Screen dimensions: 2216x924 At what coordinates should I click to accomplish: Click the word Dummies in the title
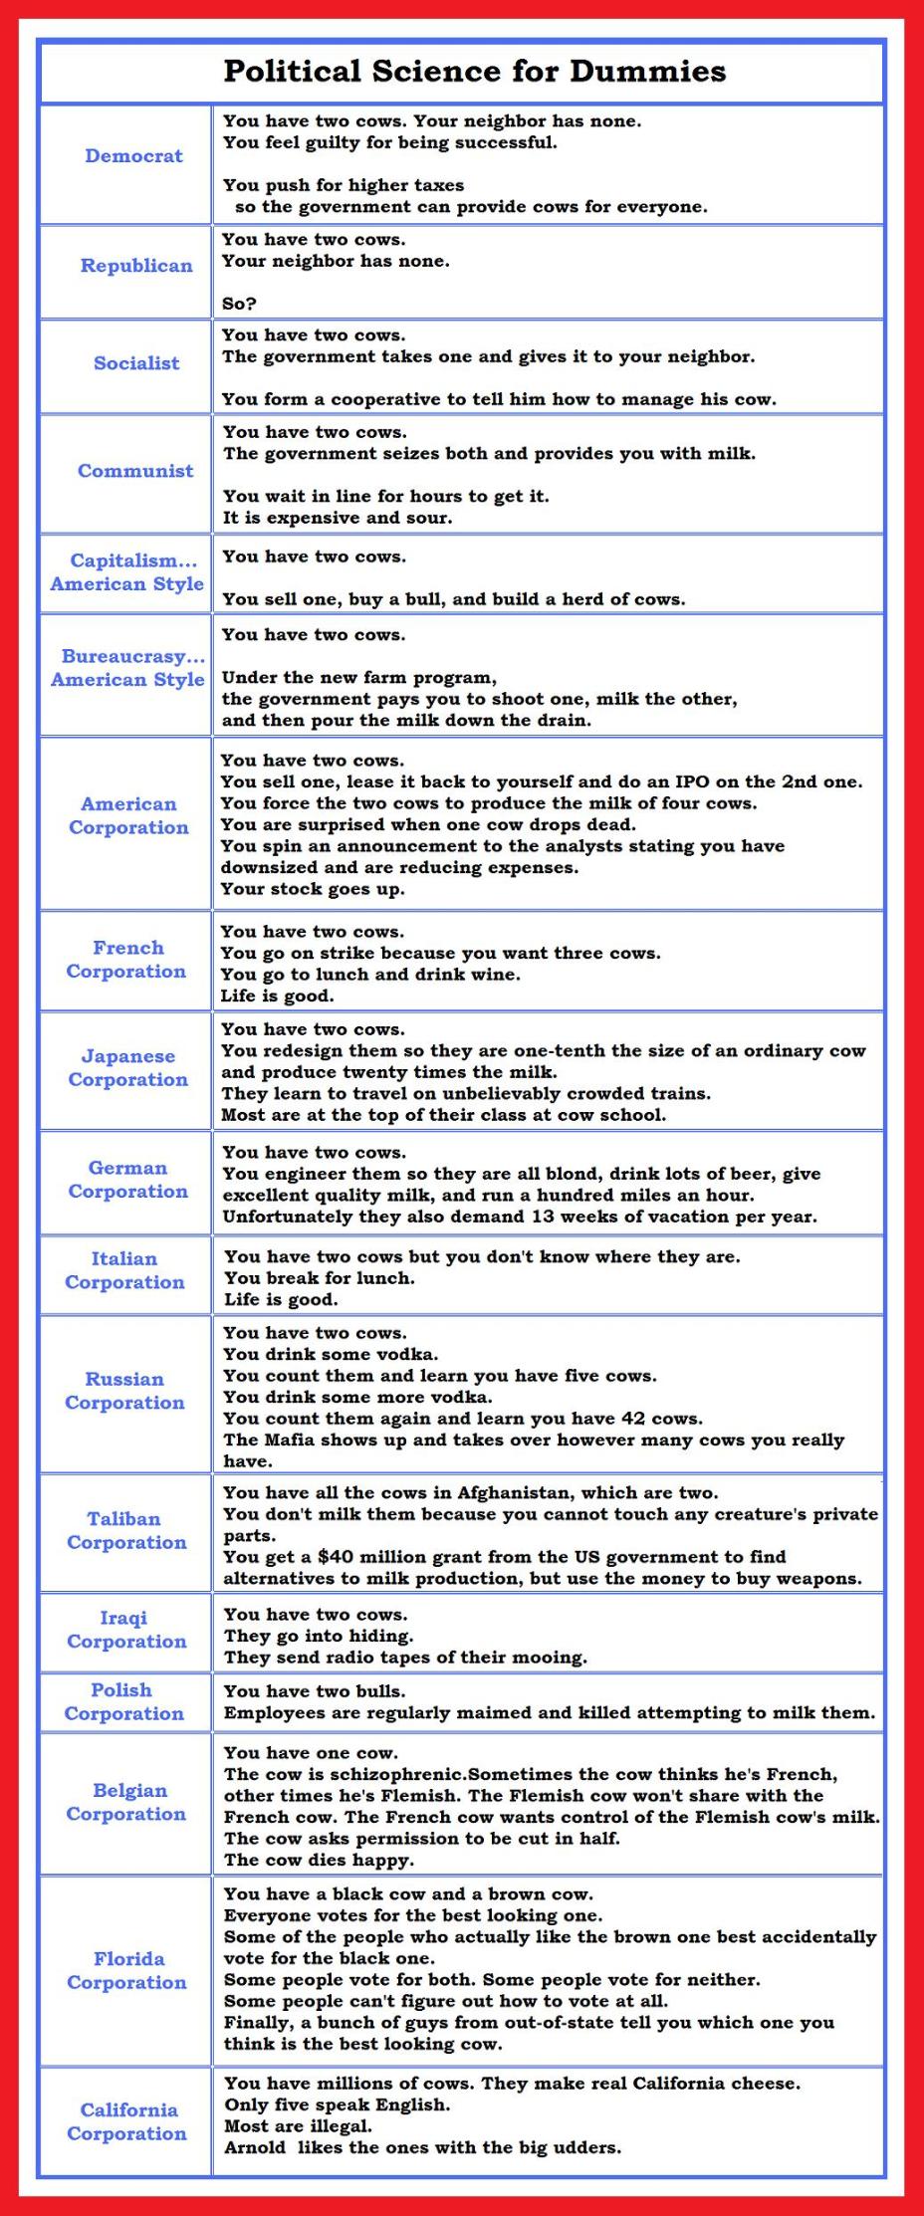tap(647, 72)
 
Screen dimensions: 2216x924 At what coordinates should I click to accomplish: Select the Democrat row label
tap(133, 156)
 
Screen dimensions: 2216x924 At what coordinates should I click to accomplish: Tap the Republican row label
tap(136, 266)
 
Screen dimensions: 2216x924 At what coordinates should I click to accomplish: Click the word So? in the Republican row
tap(239, 304)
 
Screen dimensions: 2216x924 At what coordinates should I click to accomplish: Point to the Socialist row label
tap(136, 363)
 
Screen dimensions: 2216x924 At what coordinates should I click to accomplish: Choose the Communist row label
tap(135, 471)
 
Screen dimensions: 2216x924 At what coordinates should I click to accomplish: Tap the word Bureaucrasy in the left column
tap(127, 657)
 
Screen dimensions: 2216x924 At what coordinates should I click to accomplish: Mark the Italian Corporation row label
tap(124, 1270)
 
